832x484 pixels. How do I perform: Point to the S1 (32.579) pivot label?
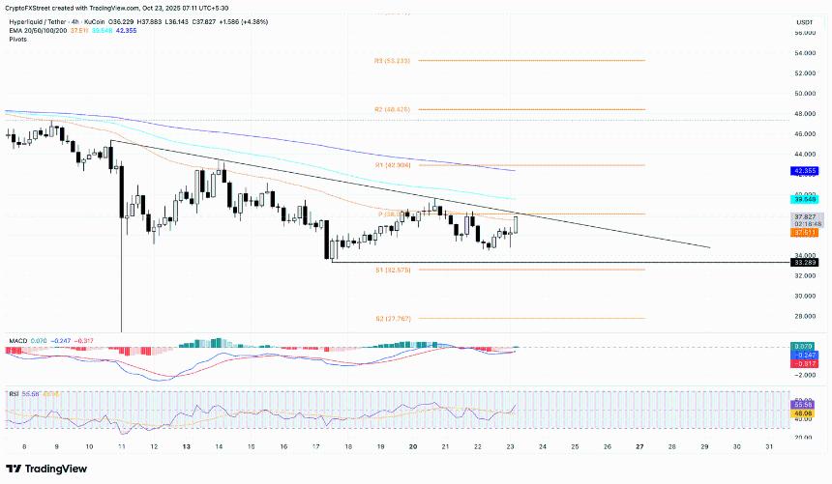click(x=392, y=270)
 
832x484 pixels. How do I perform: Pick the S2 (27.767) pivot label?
click(x=392, y=319)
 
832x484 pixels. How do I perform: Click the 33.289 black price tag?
click(x=805, y=262)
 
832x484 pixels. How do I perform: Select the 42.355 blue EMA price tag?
click(x=805, y=171)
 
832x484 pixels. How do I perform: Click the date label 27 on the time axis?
click(x=639, y=448)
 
